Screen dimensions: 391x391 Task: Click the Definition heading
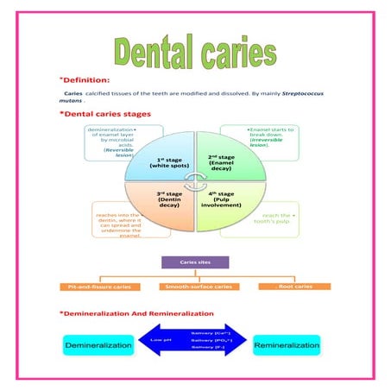[87, 79]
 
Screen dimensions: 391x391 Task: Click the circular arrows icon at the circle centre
[196, 180]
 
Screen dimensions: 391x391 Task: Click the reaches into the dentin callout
[118, 224]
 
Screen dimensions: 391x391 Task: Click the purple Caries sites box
[194, 261]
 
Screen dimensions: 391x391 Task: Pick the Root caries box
[294, 286]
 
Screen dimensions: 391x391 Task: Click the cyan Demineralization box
[99, 345]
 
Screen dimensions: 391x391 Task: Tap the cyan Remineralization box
[287, 344]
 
